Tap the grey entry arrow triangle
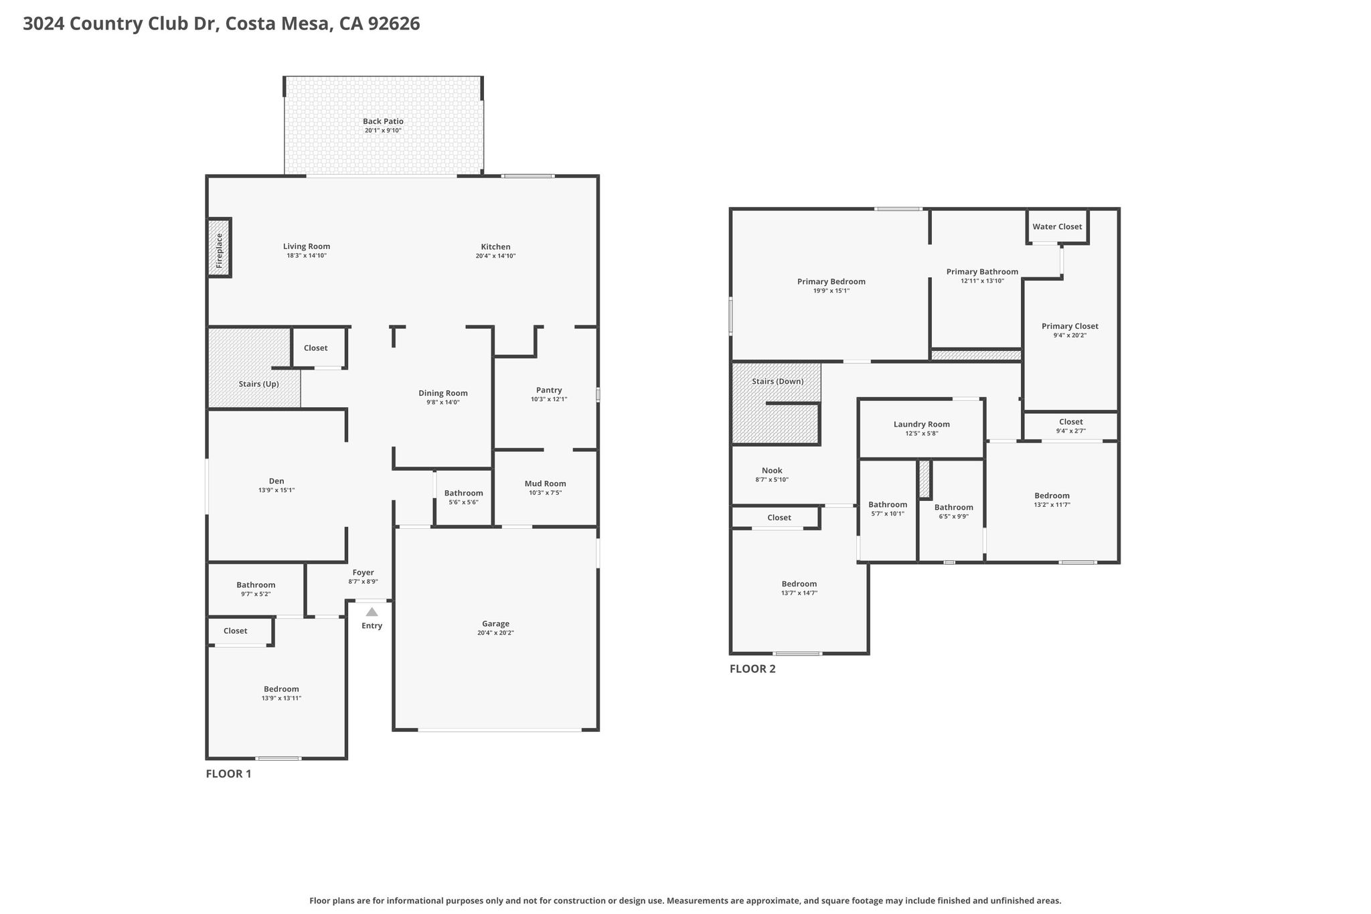(372, 612)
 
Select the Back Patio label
(383, 121)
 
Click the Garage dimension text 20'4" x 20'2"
(495, 633)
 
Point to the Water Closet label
(1057, 226)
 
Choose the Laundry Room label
(922, 424)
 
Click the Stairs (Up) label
(259, 384)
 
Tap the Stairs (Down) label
(778, 382)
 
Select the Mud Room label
(546, 483)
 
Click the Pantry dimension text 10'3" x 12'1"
(549, 399)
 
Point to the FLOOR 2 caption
(752, 669)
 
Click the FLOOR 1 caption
(228, 774)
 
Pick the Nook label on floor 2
(772, 471)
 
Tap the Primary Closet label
(1070, 326)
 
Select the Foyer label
(364, 573)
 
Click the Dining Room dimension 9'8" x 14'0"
(443, 402)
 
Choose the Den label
(276, 481)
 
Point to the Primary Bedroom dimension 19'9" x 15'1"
(831, 291)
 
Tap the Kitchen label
(495, 246)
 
